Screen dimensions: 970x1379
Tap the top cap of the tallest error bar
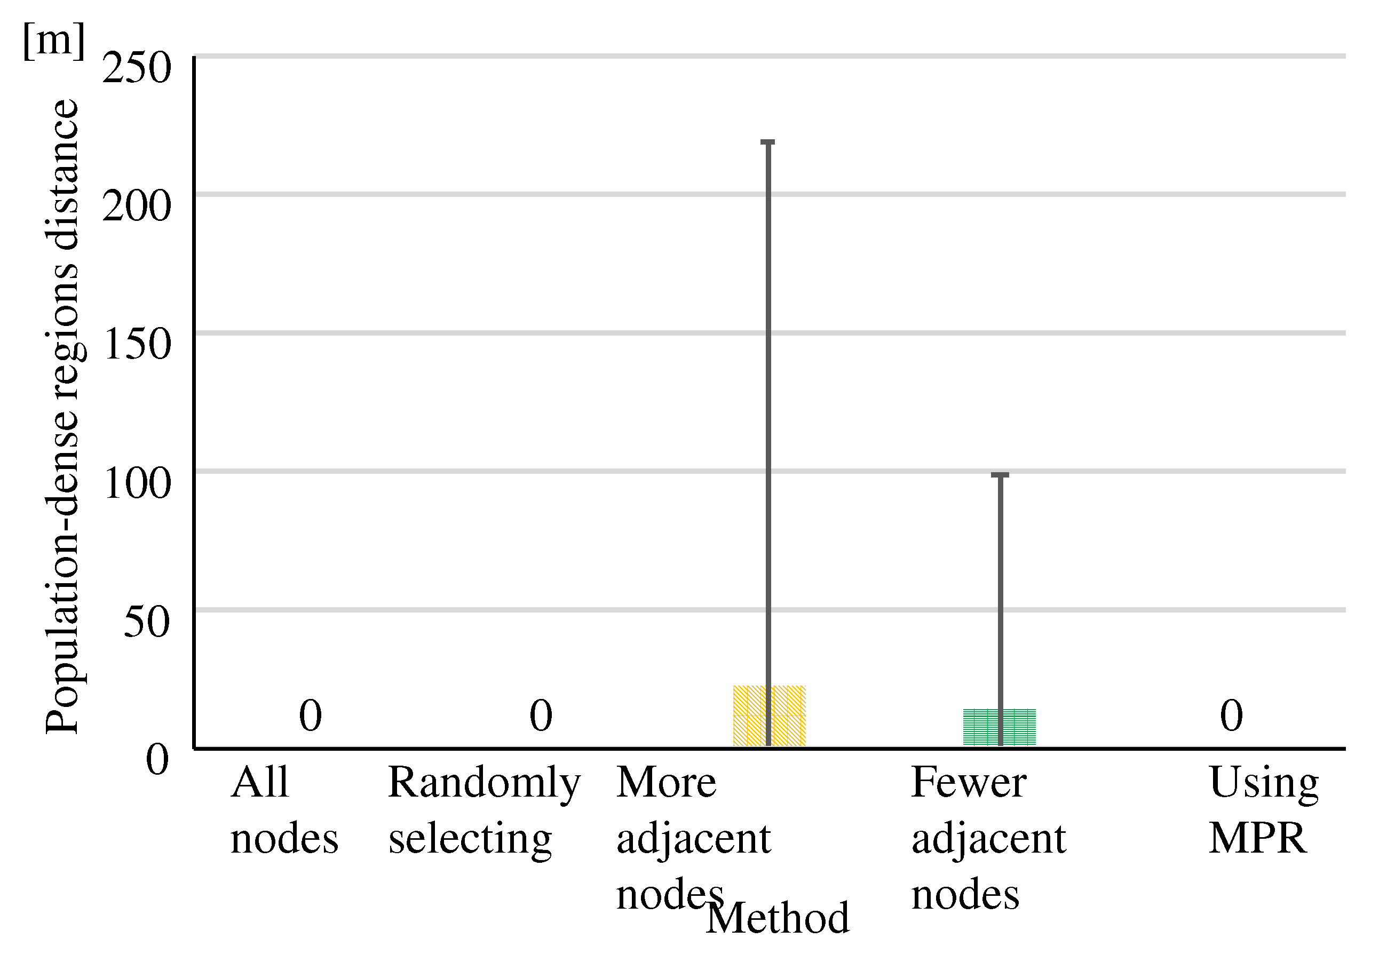767,142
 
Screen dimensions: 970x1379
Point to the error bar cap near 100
1000,475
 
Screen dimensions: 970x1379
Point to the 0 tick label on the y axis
158,760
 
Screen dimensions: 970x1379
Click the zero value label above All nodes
311,715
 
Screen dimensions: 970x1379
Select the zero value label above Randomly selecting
541,715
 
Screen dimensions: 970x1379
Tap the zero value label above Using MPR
1231,715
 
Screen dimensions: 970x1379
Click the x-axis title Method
778,918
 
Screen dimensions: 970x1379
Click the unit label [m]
54,41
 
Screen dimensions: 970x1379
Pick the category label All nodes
284,810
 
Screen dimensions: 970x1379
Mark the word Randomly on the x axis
484,783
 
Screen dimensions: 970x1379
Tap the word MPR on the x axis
1258,838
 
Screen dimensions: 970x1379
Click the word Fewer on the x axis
969,783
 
